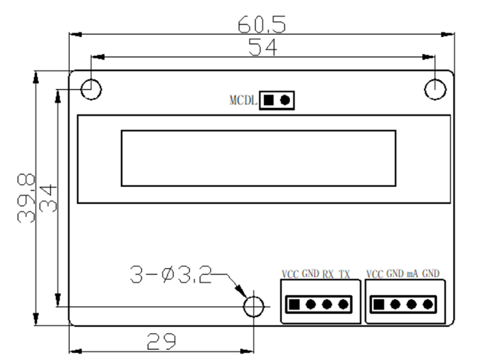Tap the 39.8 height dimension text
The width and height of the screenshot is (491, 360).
pyautogui.click(x=27, y=198)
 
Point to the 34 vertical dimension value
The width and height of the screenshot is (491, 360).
pyautogui.click(x=48, y=198)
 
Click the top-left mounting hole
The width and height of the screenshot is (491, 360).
pyautogui.click(x=91, y=88)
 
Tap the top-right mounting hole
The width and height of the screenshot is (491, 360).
pyautogui.click(x=435, y=88)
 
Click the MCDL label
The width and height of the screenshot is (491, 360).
pyautogui.click(x=243, y=101)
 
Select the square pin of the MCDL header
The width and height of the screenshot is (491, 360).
pyautogui.click(x=269, y=100)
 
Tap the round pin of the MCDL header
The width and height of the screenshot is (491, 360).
pyautogui.click(x=284, y=100)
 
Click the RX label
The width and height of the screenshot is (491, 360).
pyautogui.click(x=329, y=274)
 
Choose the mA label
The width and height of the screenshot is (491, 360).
pyautogui.click(x=412, y=274)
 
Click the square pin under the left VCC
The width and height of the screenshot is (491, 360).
pyautogui.click(x=293, y=304)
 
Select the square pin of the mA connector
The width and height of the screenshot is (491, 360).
pyautogui.click(x=378, y=304)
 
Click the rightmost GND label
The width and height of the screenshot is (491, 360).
pyautogui.click(x=431, y=274)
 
